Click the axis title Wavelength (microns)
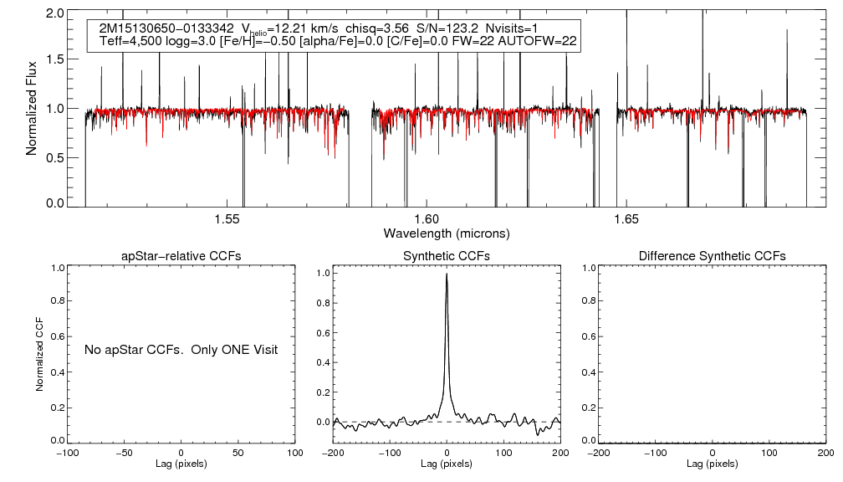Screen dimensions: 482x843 [x=447, y=233]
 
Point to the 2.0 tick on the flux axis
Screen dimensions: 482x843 [x=56, y=14]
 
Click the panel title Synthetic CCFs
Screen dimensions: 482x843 [x=447, y=256]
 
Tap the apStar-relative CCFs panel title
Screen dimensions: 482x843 [x=181, y=256]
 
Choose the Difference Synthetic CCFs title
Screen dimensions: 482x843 [x=712, y=256]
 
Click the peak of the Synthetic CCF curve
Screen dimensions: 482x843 [x=447, y=274]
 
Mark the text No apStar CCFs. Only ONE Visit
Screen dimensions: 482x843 [x=181, y=349]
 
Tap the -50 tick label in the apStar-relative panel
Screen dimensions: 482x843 [x=125, y=453]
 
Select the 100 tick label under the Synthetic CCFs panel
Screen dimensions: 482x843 [x=503, y=453]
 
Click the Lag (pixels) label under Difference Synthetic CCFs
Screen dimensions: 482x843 [x=712, y=464]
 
